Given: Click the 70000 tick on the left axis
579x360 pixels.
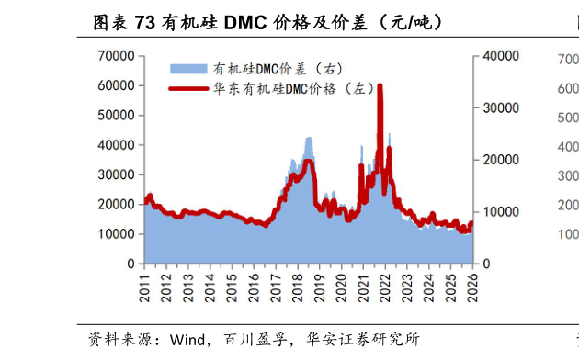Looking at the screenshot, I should pyautogui.click(x=119, y=56).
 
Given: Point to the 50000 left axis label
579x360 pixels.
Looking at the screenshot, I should pyautogui.click(x=119, y=116).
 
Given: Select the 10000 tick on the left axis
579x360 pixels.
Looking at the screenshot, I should pyautogui.click(x=119, y=234).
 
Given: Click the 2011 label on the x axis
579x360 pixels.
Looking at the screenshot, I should pyautogui.click(x=145, y=287).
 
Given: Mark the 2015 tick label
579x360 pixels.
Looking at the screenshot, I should pyautogui.click(x=232, y=287).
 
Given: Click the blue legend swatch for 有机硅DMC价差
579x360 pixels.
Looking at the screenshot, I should pyautogui.click(x=188, y=69).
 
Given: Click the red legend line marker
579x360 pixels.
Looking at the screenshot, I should pyautogui.click(x=188, y=88).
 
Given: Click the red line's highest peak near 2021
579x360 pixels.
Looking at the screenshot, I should pyautogui.click(x=380, y=86).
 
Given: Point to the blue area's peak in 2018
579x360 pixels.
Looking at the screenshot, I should pyautogui.click(x=309, y=139).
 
